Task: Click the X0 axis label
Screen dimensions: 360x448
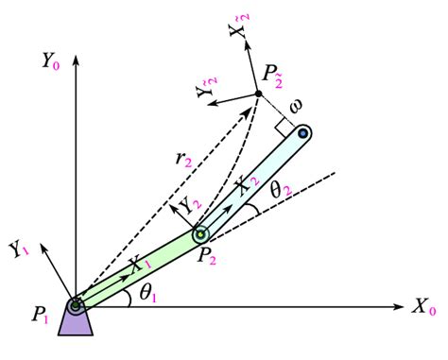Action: pyautogui.click(x=424, y=309)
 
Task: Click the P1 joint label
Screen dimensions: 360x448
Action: pyautogui.click(x=42, y=317)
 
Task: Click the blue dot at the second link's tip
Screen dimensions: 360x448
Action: pyautogui.click(x=303, y=134)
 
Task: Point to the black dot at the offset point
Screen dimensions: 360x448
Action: pyautogui.click(x=257, y=94)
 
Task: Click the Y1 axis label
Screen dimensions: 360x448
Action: pyautogui.click(x=19, y=249)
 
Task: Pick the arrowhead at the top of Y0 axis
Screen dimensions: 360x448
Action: pyautogui.click(x=75, y=49)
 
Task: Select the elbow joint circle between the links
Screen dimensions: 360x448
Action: pyautogui.click(x=199, y=233)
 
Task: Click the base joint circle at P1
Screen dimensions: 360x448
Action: pyautogui.click(x=75, y=304)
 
